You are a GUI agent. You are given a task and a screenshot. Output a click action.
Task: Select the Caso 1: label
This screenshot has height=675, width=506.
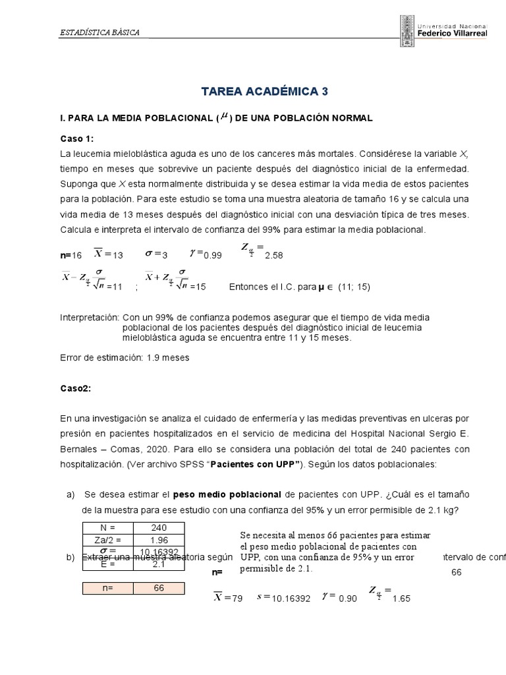click(77, 138)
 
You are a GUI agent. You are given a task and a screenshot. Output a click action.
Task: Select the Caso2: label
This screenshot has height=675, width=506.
click(74, 388)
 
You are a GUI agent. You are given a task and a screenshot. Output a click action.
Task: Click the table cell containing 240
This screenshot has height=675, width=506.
click(159, 528)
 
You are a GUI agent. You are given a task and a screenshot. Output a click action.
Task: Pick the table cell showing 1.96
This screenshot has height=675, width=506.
click(159, 540)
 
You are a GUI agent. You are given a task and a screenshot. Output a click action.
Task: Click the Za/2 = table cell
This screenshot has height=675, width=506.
click(108, 540)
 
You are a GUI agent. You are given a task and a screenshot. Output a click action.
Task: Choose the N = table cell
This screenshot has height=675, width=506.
click(108, 528)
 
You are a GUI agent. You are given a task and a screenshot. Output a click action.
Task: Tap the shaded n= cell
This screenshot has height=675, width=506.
click(108, 589)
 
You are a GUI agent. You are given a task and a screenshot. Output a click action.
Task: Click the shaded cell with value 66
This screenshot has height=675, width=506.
click(159, 589)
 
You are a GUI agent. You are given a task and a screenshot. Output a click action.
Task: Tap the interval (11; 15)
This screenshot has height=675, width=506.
click(355, 287)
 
